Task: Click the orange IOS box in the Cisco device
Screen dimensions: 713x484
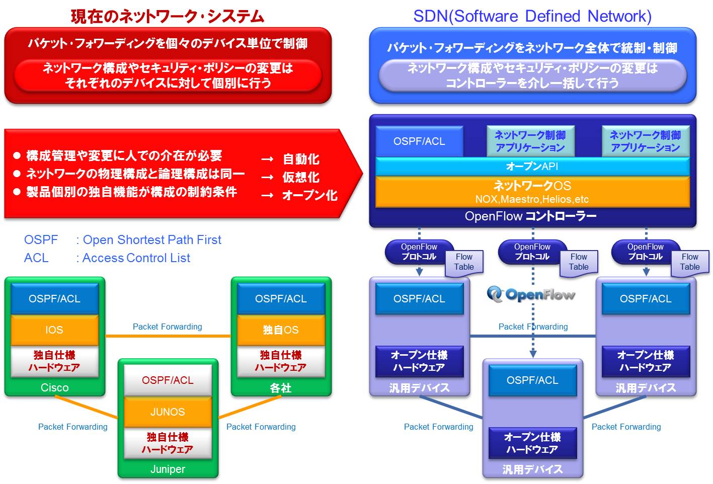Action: coord(55,330)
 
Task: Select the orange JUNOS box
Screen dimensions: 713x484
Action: coord(168,412)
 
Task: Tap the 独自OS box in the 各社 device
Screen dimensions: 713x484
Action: coord(281,330)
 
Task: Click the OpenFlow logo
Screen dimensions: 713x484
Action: coord(531,294)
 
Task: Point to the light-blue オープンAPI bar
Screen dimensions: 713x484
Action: coord(532,167)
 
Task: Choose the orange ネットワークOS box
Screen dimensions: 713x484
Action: coord(532,192)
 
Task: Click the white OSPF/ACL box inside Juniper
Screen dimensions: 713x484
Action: coord(168,380)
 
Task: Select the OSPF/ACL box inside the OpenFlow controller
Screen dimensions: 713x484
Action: coord(419,141)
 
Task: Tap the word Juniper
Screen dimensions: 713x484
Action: coord(168,469)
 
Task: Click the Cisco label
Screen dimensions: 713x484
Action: coord(55,387)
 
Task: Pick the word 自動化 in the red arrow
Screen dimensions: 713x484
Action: coord(301,159)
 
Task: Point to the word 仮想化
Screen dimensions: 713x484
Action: coord(301,177)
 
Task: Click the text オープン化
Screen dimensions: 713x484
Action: coord(310,195)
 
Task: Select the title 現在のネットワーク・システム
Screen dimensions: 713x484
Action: coord(168,17)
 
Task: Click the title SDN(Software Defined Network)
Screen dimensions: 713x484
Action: coord(532,16)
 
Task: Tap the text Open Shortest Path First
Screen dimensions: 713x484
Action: coord(152,239)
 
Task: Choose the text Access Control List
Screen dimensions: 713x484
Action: coord(136,258)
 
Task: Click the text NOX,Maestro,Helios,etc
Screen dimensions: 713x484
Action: coord(532,199)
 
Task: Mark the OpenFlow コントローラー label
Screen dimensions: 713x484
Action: coord(531,216)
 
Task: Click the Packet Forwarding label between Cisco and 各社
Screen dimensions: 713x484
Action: coord(168,327)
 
